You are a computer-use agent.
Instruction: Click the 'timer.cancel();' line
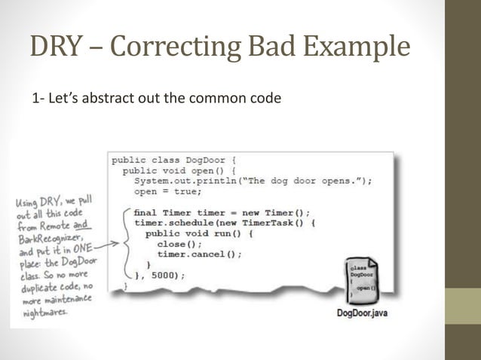click(200, 255)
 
